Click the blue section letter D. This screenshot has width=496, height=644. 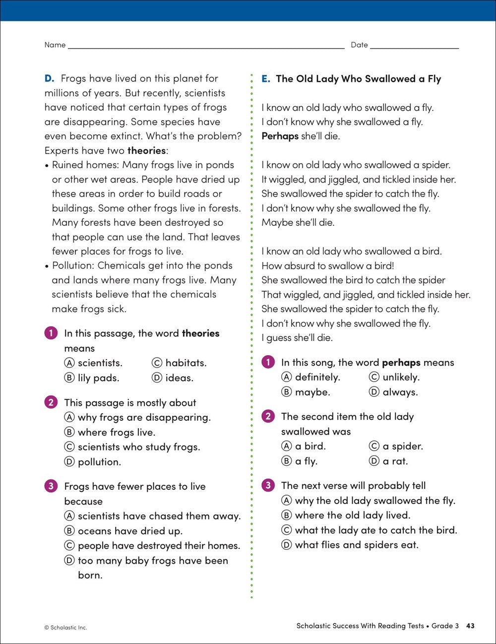(49, 78)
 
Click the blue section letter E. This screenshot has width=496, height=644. (266, 79)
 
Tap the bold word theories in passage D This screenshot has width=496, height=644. (146, 150)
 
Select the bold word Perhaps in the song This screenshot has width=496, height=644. (280, 136)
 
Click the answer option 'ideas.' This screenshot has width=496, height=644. (179, 378)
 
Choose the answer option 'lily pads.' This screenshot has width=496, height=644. (98, 378)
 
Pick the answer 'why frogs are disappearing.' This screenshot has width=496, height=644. (144, 417)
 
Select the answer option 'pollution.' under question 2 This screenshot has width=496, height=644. (99, 462)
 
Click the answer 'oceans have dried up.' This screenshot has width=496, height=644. (130, 531)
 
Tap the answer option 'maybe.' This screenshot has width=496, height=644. (312, 392)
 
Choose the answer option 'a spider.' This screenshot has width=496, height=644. (402, 446)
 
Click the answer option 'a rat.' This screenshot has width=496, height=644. (395, 461)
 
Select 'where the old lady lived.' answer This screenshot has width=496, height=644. (352, 515)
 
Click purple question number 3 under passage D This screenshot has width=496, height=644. (51, 486)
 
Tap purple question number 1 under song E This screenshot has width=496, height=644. (268, 362)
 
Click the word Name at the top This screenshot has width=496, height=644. (55, 45)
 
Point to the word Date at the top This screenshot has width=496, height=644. (359, 45)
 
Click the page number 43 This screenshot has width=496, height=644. (470, 626)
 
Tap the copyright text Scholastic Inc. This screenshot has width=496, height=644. (65, 628)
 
